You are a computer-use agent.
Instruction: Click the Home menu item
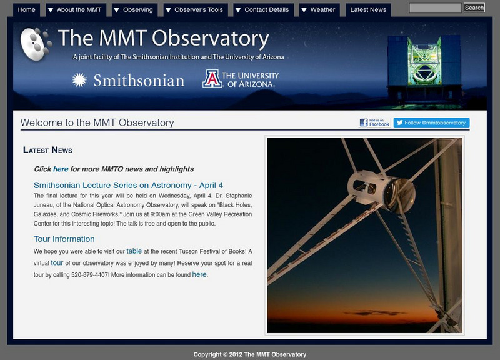point(26,10)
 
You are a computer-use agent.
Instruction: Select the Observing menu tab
point(132,10)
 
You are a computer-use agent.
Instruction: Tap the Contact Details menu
point(262,10)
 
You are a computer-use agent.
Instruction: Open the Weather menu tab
point(318,10)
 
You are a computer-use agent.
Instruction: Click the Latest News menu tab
point(368,10)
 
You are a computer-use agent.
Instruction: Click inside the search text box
point(436,8)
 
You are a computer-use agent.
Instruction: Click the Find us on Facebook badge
point(374,122)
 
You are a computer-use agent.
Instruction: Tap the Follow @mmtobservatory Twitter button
point(431,122)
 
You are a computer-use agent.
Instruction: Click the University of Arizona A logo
point(212,79)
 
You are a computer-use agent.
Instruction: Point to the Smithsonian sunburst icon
point(79,80)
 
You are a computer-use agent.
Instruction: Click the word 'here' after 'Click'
point(61,169)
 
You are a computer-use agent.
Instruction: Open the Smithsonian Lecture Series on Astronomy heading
point(128,185)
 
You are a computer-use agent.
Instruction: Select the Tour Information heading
point(64,239)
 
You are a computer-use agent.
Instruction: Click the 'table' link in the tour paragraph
point(134,251)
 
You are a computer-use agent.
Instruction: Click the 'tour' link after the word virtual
point(57,263)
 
